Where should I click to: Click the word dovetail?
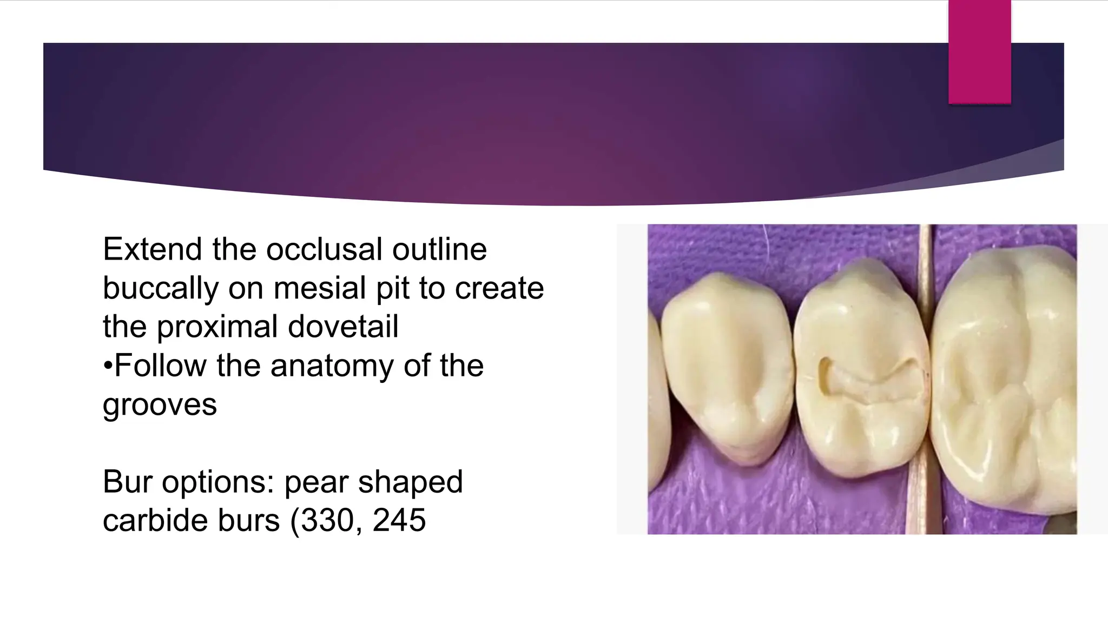tap(343, 327)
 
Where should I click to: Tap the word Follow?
tap(161, 366)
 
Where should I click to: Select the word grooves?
tap(160, 405)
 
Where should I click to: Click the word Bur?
tap(128, 481)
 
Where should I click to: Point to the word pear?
tap(316, 482)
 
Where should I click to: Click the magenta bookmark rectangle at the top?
tap(979, 51)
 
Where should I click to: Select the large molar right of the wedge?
tap(1006, 379)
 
